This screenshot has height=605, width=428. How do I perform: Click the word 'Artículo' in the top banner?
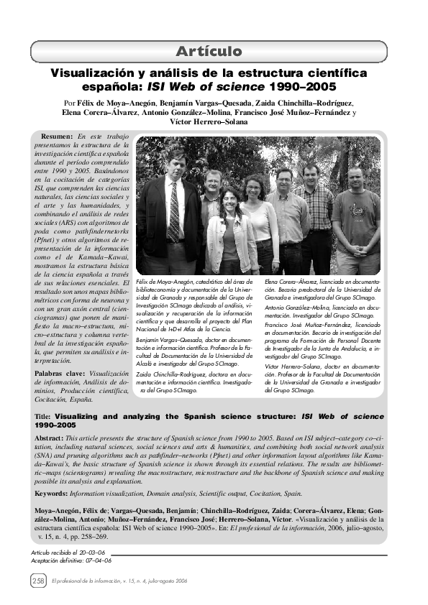(x=209, y=51)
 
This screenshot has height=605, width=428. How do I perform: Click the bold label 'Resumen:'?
(x=57, y=137)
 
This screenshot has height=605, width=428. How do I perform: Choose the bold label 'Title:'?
(x=44, y=416)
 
